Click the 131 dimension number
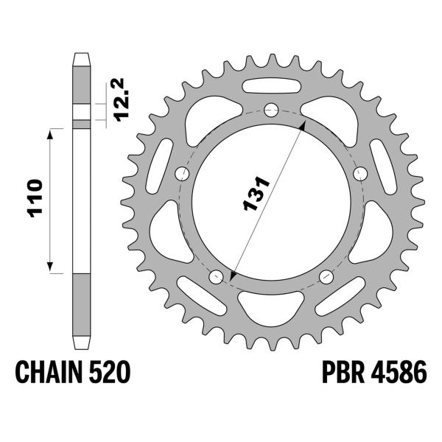256,194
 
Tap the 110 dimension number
35,198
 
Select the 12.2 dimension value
122,99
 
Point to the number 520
110,372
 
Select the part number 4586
399,372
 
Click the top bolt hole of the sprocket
271,110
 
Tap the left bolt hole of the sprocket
182,174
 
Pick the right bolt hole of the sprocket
360,174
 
